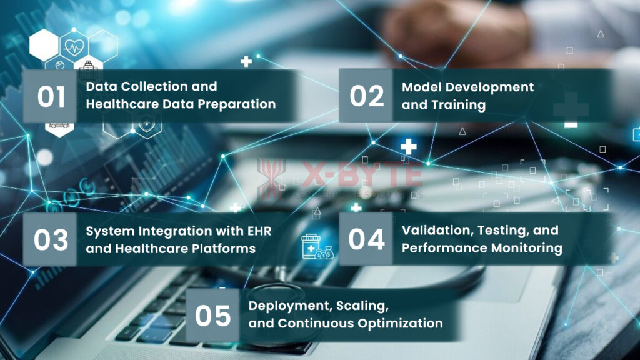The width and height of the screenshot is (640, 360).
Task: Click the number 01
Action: (x=51, y=97)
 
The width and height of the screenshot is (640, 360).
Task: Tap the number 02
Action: (x=366, y=96)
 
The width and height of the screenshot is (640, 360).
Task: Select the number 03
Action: (x=51, y=239)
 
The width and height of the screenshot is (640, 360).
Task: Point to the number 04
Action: (x=366, y=239)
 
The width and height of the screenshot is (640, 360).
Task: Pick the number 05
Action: (x=212, y=316)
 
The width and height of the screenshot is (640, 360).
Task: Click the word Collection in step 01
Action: (x=152, y=86)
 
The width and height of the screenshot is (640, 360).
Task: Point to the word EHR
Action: (x=259, y=231)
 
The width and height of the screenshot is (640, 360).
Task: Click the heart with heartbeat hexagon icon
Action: (x=74, y=46)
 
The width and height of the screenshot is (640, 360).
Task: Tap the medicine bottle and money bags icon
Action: (x=317, y=246)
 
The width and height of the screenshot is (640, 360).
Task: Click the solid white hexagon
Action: (x=44, y=45)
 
